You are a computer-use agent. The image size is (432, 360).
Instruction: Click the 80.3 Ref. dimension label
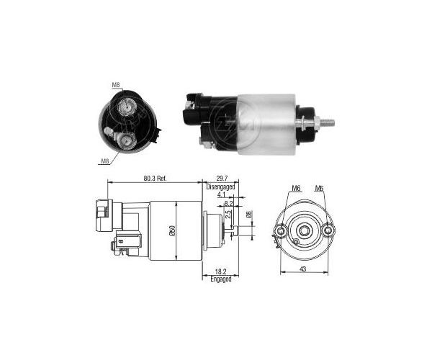point(155,179)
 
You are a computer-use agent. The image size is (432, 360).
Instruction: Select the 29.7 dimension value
point(222,179)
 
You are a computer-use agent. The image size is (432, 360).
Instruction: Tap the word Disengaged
point(221,186)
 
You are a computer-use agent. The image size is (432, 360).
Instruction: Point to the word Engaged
point(221,279)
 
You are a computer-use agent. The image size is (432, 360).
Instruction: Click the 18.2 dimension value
point(220,272)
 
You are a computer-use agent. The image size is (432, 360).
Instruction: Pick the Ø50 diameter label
point(172,230)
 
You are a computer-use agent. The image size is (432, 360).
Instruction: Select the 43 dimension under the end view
point(303,269)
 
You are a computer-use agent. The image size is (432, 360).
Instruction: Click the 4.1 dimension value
point(221,195)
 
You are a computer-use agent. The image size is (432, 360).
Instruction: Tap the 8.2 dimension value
point(228,204)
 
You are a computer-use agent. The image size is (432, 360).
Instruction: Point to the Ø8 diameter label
point(248,215)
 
